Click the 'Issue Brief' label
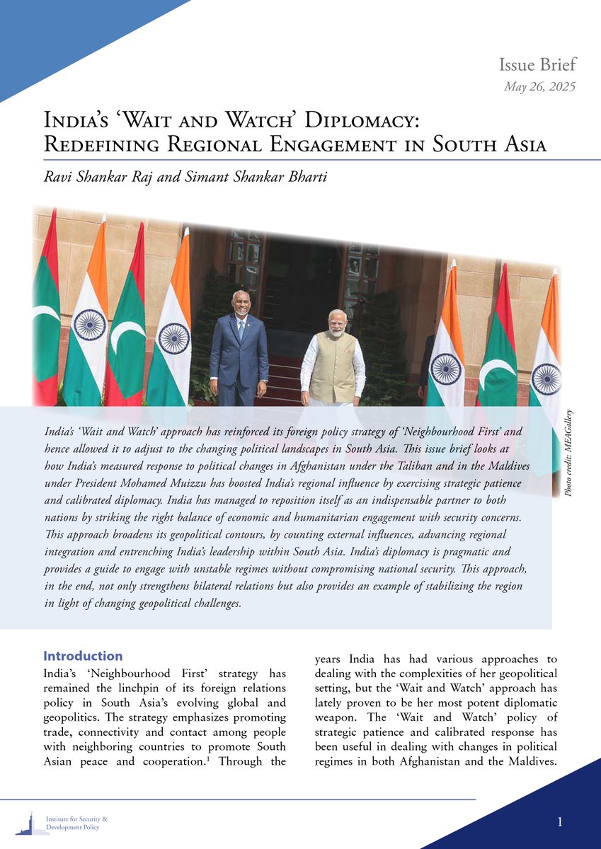[x=537, y=65]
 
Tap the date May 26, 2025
[x=539, y=87]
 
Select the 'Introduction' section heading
[x=83, y=656]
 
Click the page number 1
[x=560, y=821]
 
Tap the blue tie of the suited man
[x=241, y=330]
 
